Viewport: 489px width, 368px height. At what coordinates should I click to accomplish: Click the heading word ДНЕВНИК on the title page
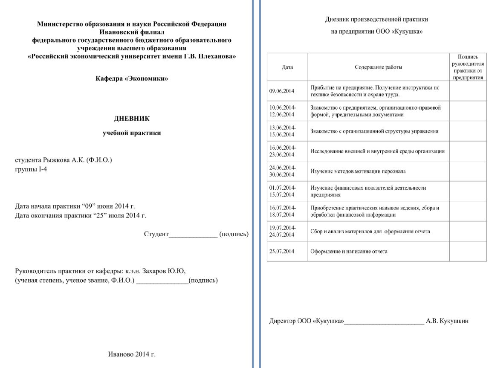point(131,118)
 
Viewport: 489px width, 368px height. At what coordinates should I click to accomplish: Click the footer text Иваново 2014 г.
point(131,354)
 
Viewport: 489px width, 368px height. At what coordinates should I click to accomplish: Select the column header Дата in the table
point(287,67)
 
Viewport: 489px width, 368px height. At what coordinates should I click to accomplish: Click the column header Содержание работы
point(378,67)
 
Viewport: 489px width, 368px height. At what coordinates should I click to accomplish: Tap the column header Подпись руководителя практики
point(468,67)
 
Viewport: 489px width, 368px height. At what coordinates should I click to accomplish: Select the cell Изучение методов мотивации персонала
point(357,171)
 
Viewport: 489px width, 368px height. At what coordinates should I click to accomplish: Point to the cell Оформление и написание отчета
point(349,252)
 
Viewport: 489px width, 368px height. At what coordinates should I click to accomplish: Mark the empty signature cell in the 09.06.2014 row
point(468,91)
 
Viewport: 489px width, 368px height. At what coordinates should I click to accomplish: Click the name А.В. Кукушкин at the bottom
point(448,321)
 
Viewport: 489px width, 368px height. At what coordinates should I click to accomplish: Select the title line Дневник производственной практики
point(376,19)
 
